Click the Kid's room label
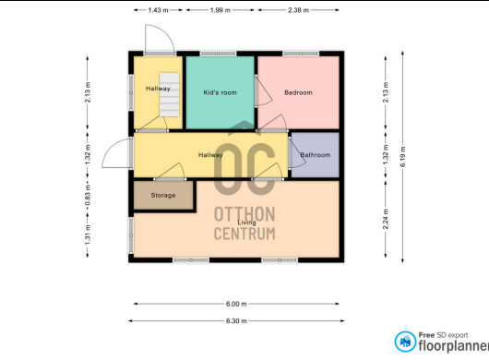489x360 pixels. click(x=220, y=92)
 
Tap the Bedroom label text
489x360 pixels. click(x=298, y=92)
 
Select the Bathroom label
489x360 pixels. click(x=315, y=155)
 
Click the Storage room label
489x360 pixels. click(x=163, y=196)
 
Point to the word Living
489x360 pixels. click(x=246, y=222)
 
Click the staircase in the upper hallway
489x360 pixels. click(x=170, y=94)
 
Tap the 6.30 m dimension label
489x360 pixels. click(x=236, y=320)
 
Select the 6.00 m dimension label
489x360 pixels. click(x=236, y=304)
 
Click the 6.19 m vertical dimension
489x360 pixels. click(x=402, y=156)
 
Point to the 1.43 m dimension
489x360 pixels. click(x=158, y=10)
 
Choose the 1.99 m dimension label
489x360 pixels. click(x=221, y=10)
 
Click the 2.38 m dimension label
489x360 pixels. click(x=298, y=10)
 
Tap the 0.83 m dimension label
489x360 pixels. click(x=88, y=196)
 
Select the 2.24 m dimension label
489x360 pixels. click(x=386, y=219)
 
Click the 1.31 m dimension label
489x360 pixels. click(x=88, y=234)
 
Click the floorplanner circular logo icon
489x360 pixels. click(x=405, y=342)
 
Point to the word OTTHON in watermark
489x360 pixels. click(x=244, y=214)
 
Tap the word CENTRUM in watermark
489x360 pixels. click(x=244, y=234)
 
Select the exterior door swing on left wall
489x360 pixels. click(x=116, y=153)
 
